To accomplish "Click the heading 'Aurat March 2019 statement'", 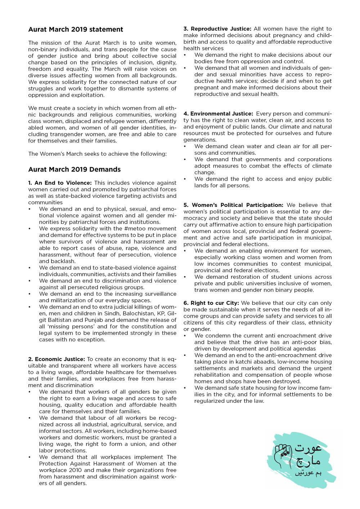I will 76,29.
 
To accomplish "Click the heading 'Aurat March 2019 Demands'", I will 75,169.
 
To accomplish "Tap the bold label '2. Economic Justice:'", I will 57,359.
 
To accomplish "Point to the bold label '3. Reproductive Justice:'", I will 217,29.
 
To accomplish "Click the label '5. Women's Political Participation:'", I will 233,205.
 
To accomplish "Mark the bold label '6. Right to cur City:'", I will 211,303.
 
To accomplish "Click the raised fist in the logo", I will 283,455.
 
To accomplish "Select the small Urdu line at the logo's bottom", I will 308,473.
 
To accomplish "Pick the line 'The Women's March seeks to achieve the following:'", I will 97,154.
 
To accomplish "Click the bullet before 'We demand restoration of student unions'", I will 185,277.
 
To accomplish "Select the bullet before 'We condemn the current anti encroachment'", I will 185,336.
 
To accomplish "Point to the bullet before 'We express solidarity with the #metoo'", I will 30,228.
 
